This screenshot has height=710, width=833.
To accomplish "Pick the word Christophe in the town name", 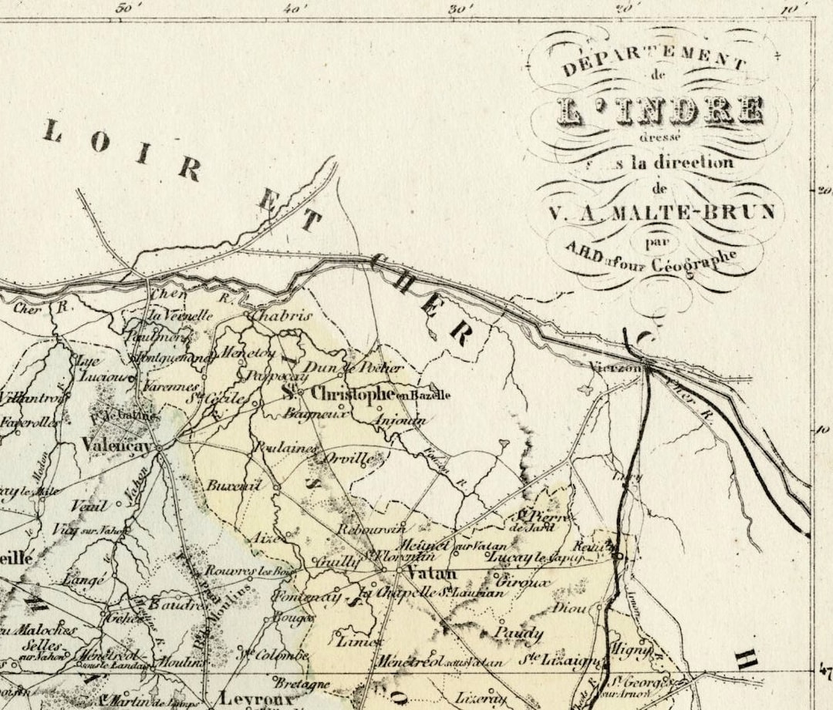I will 352,394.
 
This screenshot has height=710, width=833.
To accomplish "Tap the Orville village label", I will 350,458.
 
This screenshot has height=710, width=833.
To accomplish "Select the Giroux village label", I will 524,583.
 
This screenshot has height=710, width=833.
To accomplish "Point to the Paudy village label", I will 518,634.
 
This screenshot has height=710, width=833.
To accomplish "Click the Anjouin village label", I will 399,421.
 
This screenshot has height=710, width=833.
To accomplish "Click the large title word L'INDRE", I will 659,110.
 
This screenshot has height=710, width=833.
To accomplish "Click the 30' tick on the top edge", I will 460,9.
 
